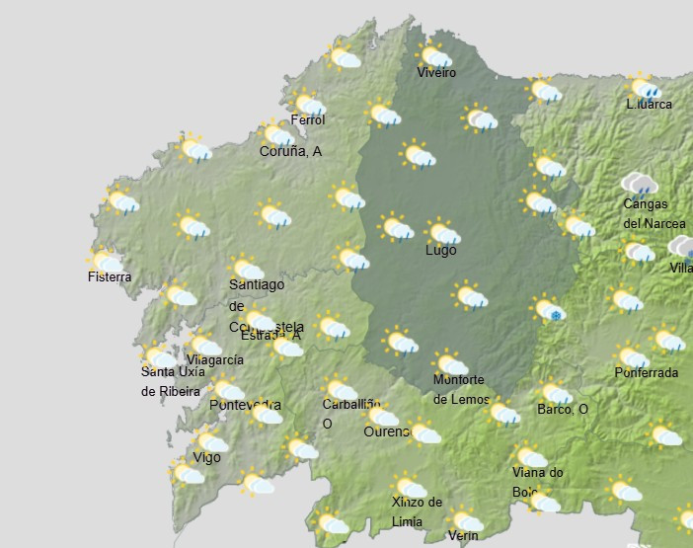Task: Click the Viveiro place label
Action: pyautogui.click(x=436, y=73)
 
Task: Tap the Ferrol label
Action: pyautogui.click(x=307, y=120)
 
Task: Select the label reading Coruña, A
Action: pyautogui.click(x=290, y=152)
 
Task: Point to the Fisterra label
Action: pyautogui.click(x=109, y=277)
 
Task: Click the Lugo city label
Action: pyautogui.click(x=440, y=251)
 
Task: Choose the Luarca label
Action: pyautogui.click(x=650, y=105)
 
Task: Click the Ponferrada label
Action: pyautogui.click(x=646, y=373)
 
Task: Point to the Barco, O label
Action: pyautogui.click(x=563, y=410)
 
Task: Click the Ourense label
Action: pyautogui.click(x=386, y=432)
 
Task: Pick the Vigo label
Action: pyautogui.click(x=206, y=457)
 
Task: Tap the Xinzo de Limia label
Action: pyautogui.click(x=417, y=511)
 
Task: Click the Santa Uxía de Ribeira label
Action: pyautogui.click(x=173, y=381)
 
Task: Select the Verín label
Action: pyautogui.click(x=462, y=536)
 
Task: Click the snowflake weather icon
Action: pyautogui.click(x=551, y=310)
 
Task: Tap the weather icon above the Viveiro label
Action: pyautogui.click(x=435, y=55)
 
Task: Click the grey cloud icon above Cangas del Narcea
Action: pyautogui.click(x=641, y=184)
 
